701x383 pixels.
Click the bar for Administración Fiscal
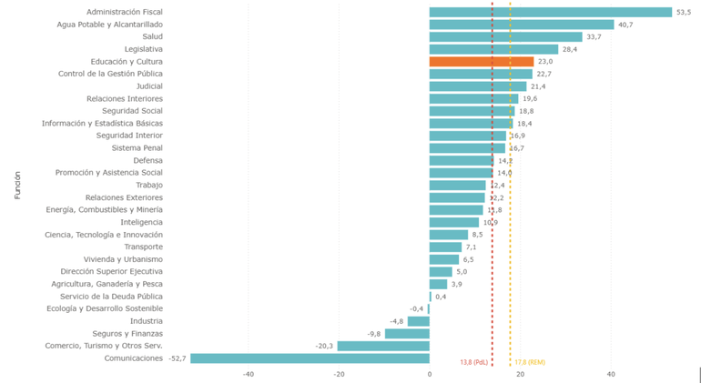(550, 13)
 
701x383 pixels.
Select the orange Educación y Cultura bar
(482, 62)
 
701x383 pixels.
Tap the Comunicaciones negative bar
(310, 358)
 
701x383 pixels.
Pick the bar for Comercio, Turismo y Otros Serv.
(383, 346)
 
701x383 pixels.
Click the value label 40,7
(625, 25)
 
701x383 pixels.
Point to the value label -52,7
(177, 358)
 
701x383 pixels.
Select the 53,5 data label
(684, 13)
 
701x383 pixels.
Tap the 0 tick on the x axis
(430, 374)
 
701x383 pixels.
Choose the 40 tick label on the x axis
(611, 374)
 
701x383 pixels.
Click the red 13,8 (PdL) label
(474, 361)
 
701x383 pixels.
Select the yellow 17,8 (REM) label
(530, 361)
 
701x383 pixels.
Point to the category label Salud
(147, 36)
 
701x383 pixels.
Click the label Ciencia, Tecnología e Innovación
(104, 235)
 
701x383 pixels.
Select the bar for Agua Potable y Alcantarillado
(522, 25)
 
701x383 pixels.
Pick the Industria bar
(419, 321)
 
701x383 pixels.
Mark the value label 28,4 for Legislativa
(570, 49)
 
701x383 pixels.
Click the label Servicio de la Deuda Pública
(112, 297)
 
